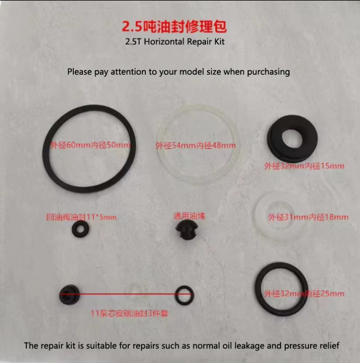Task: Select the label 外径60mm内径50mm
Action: click(x=90, y=145)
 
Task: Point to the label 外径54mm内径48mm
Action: click(x=195, y=145)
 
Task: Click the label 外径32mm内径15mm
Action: click(x=304, y=166)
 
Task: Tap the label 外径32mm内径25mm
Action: click(x=304, y=293)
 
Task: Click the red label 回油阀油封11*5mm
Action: click(x=82, y=217)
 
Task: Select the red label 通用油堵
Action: click(x=189, y=216)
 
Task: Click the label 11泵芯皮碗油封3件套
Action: click(x=130, y=313)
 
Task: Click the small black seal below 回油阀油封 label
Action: click(x=80, y=229)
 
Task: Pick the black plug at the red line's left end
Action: click(x=68, y=294)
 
